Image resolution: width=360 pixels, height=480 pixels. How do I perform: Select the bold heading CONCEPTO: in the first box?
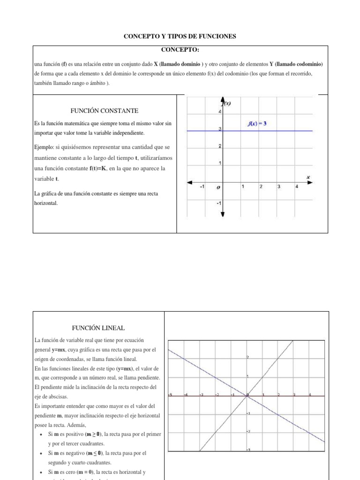[180, 50]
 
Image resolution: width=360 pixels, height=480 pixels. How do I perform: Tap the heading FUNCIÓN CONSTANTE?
[104, 111]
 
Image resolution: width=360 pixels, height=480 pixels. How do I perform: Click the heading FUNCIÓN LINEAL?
[99, 328]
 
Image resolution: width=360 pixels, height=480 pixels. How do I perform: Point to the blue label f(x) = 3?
[257, 124]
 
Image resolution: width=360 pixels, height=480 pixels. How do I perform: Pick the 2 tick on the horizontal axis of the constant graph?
[261, 187]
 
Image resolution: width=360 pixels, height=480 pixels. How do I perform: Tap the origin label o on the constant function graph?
[217, 187]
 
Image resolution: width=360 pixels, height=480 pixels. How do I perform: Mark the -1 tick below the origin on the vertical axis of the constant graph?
[218, 203]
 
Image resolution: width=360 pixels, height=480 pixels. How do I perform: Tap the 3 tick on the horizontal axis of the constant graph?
[278, 187]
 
